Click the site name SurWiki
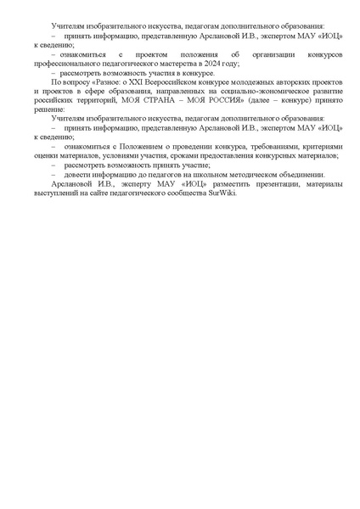[x=222, y=194]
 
